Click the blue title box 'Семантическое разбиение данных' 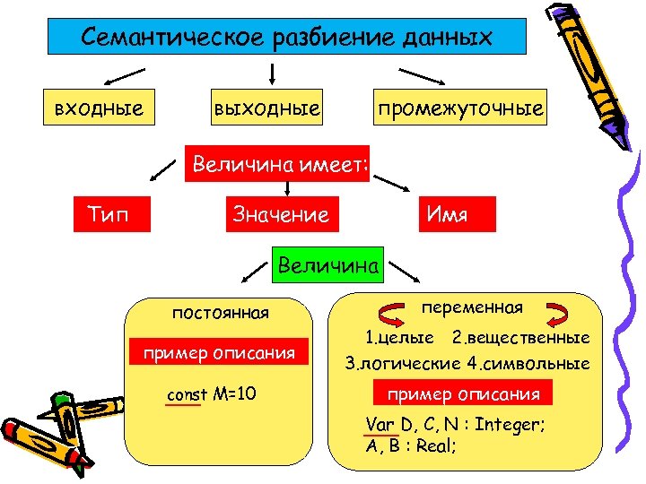click(286, 39)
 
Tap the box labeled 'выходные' click(266, 109)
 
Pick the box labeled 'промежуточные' click(460, 109)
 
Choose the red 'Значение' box click(280, 215)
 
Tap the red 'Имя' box click(448, 215)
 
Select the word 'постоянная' click(221, 313)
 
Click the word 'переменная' click(472, 307)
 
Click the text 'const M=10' click(213, 393)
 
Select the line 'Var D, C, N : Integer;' click(455, 424)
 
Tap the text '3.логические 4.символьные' click(467, 364)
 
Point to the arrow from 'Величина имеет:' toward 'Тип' click(161, 168)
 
